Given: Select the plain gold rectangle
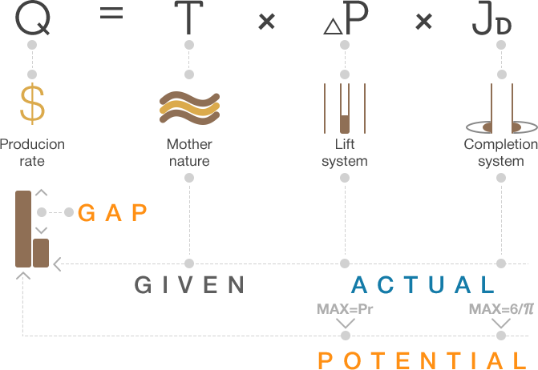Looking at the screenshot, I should pos(32,103).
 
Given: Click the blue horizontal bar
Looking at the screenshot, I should pos(422,284).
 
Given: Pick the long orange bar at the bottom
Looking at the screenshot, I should pos(422,360).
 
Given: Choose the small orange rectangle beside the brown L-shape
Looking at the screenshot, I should pos(112,212).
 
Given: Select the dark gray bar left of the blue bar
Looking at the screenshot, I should pos(188,284).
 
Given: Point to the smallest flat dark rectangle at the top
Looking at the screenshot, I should pos(111,13).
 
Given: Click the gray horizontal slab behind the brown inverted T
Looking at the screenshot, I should pos(473,127).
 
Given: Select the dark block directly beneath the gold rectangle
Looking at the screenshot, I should pos(32,152).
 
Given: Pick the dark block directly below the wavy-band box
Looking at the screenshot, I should pos(190,152).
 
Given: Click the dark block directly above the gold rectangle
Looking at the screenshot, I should pos(33,18).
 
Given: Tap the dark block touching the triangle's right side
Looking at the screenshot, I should pos(356,18).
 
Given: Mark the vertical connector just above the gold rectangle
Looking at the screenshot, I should pos(32,59).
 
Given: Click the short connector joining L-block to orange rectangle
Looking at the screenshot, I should pos(55,211).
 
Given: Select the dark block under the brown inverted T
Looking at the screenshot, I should pos(501,154).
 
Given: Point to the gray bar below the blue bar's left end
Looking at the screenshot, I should pos(346,308).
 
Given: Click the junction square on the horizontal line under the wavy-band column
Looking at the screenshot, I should pos(189,263).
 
